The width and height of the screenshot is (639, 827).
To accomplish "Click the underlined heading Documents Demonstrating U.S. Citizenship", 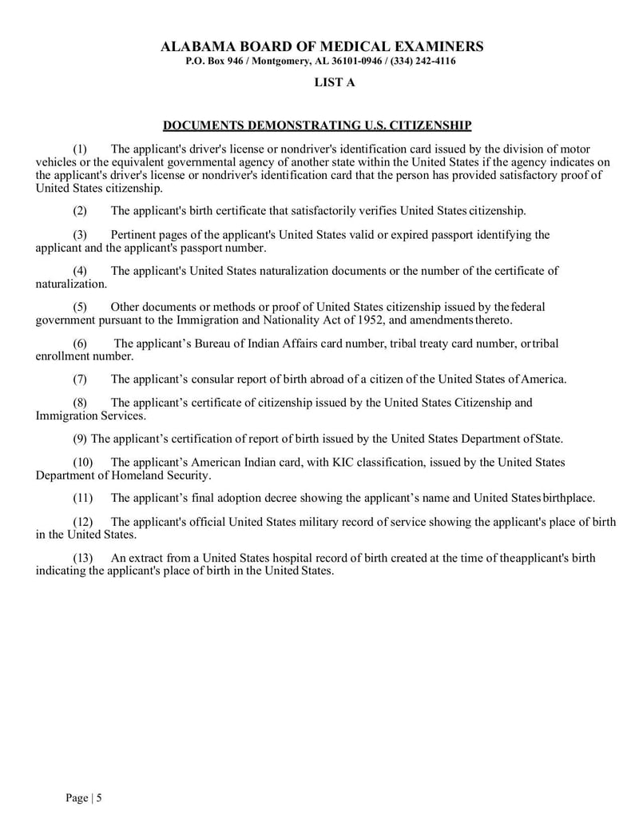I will pyautogui.click(x=317, y=125).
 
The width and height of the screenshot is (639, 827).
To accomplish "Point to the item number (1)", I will pyautogui.click(x=80, y=149).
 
